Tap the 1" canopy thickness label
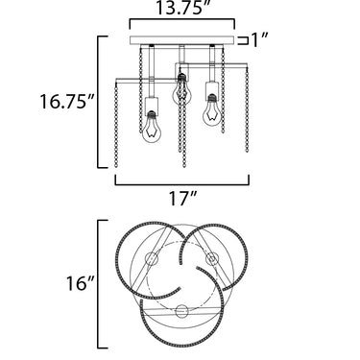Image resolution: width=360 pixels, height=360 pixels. [258, 40]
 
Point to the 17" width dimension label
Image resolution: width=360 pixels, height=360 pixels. [182, 199]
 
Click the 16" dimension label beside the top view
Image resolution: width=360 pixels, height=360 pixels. [80, 283]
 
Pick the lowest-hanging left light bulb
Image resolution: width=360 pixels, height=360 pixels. [151, 128]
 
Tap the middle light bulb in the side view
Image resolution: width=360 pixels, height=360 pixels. [181, 89]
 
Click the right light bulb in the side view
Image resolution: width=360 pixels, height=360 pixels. [211, 109]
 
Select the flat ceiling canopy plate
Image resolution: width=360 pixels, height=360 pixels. [182, 40]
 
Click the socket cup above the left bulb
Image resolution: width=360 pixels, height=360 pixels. [152, 104]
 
